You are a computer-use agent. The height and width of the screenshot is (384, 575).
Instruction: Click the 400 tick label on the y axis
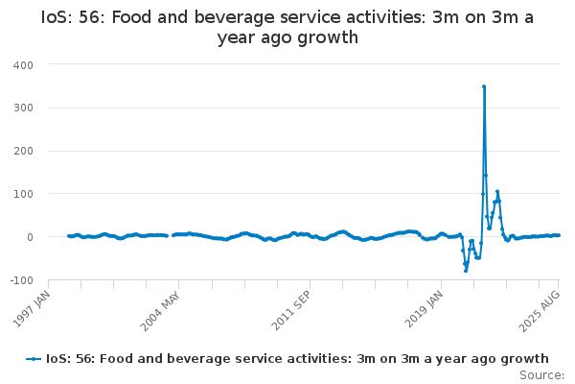23,65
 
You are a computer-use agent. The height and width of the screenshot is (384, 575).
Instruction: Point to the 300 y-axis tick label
23,108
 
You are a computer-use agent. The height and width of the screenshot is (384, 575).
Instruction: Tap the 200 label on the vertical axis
23,151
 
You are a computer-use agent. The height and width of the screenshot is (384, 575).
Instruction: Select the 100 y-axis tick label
23,194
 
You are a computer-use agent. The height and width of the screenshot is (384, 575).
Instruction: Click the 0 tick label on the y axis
30,237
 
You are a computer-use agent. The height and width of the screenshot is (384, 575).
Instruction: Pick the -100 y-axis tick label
22,280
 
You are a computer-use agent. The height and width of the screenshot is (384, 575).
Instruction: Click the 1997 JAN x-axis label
32,309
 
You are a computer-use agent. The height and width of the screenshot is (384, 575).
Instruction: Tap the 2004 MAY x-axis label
161,311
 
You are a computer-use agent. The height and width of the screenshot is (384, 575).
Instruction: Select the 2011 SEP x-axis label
291,310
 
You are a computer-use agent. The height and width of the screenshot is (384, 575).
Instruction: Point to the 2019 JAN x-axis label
425,309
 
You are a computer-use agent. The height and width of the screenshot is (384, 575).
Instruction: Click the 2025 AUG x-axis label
540,311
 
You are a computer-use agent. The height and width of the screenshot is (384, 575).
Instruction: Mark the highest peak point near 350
484,86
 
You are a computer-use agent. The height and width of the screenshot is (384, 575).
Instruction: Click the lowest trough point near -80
466,271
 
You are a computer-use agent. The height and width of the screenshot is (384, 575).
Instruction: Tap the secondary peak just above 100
497,191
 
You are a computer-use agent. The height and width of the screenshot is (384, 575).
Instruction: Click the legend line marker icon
34,359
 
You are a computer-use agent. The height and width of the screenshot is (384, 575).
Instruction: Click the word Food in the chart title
131,17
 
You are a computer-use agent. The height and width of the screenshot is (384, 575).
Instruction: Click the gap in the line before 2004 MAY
171,235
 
